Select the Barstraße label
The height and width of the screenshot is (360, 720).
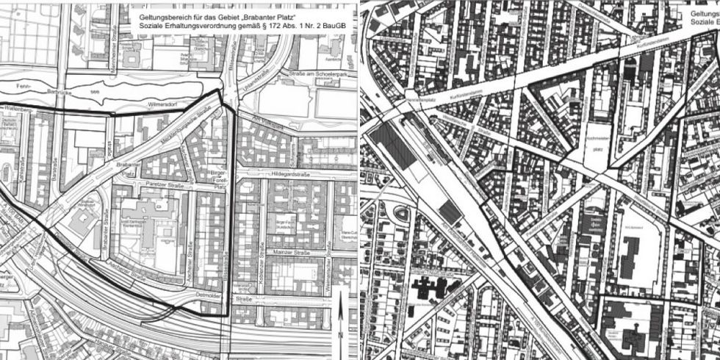[56, 177]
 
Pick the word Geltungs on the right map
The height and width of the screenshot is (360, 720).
[702, 12]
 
